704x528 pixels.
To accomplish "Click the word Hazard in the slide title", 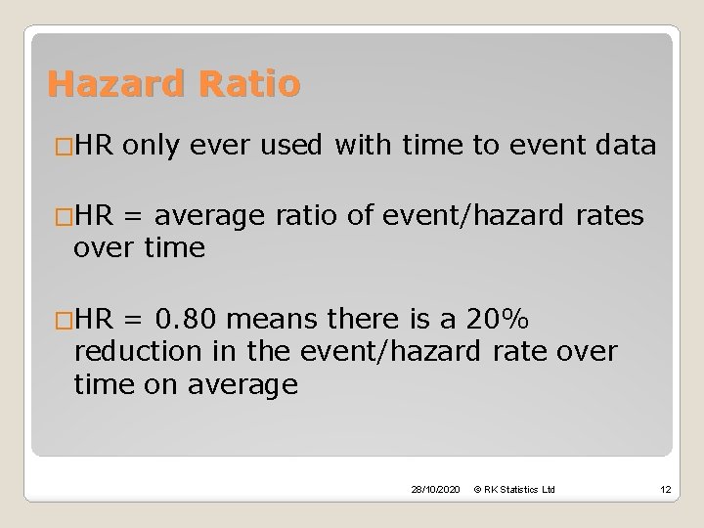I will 110,84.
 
